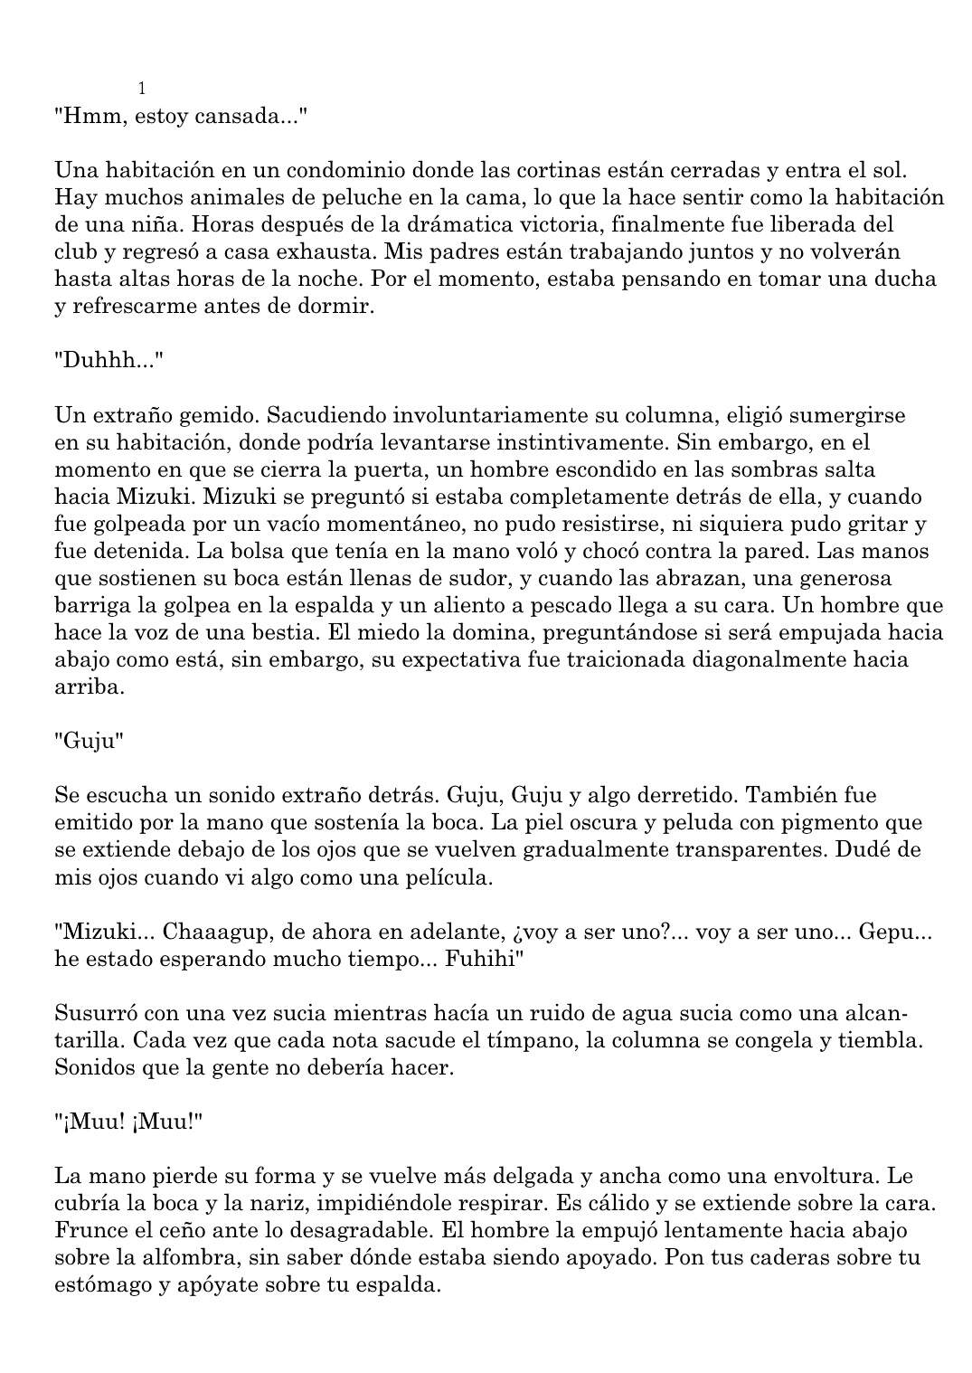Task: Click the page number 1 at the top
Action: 142,89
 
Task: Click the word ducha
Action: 904,279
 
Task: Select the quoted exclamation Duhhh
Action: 109,361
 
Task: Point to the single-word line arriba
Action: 89,686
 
